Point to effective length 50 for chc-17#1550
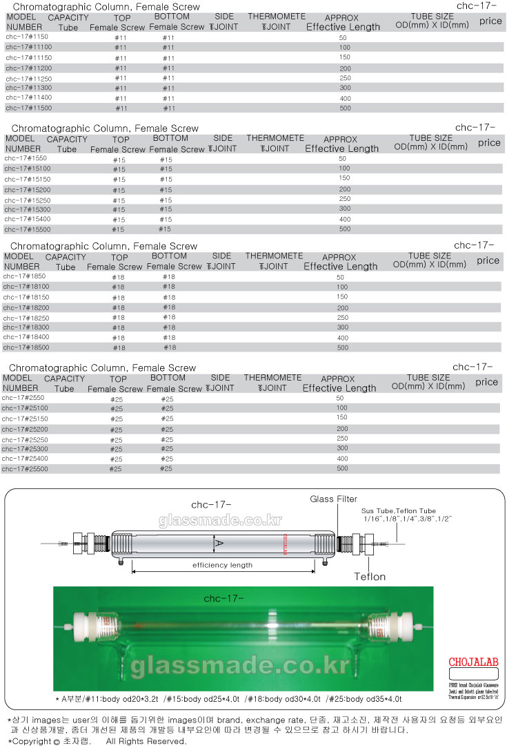343,159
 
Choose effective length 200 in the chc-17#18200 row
342,307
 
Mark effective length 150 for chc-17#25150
341,418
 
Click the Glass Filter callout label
334,499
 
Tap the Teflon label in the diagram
370,576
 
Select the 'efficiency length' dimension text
222,565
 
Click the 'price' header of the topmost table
490,21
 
